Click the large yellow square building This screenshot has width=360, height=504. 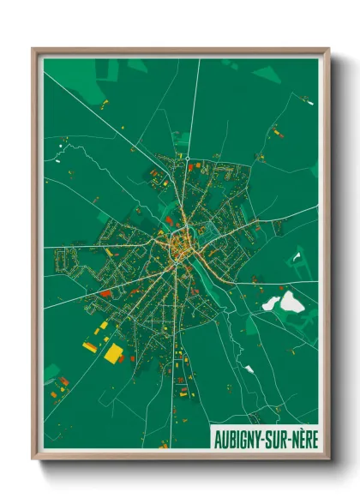tap(113, 352)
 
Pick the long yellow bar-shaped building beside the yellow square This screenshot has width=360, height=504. tap(91, 347)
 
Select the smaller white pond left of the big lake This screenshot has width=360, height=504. tap(271, 303)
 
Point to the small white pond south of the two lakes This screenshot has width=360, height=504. tap(249, 369)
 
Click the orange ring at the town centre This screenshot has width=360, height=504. tap(183, 245)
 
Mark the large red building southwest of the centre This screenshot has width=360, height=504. tap(105, 293)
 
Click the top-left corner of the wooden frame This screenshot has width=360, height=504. tap(34, 50)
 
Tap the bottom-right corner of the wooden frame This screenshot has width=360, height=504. tap(328, 459)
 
